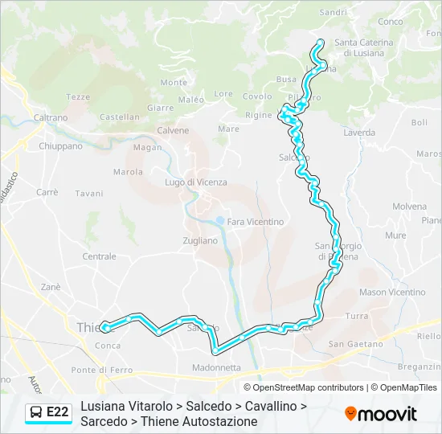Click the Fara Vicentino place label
click(x=256, y=222)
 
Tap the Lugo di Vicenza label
click(x=196, y=182)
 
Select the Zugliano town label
click(x=200, y=240)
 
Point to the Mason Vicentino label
click(x=392, y=293)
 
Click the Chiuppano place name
click(x=61, y=146)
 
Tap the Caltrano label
click(x=51, y=117)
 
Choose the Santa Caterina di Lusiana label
click(x=364, y=47)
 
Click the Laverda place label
click(x=359, y=133)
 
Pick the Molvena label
click(x=409, y=207)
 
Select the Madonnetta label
click(x=216, y=367)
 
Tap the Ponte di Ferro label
click(x=101, y=370)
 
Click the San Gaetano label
click(x=356, y=344)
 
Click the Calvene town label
click(x=173, y=130)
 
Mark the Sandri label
click(x=334, y=12)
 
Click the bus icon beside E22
click(x=36, y=413)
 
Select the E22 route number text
click(x=58, y=413)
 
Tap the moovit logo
click(x=381, y=414)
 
